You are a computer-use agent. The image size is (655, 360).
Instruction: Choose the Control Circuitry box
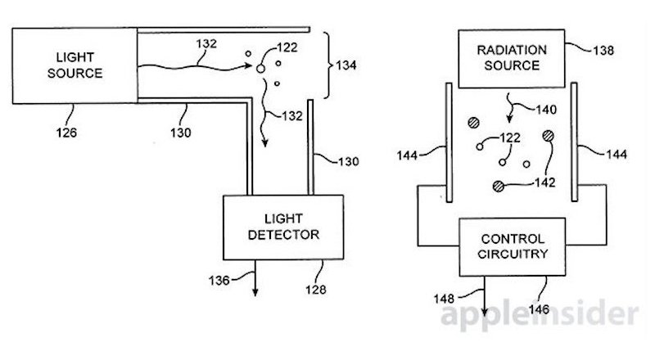coord(512,245)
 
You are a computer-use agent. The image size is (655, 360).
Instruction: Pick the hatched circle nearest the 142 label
coord(499,185)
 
